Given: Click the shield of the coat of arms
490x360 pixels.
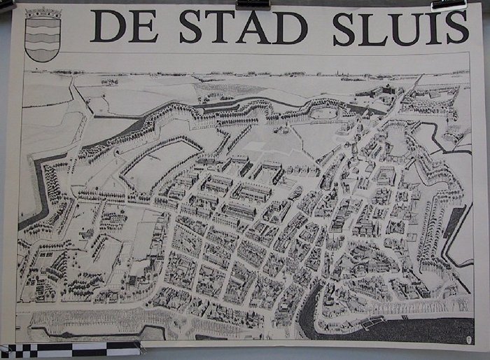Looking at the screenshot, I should click(43, 41).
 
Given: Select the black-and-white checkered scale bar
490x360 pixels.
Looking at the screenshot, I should click(70, 348).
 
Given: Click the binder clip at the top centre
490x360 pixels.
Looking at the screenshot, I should click(252, 4).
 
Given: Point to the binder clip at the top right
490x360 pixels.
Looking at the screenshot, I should click(449, 4).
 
